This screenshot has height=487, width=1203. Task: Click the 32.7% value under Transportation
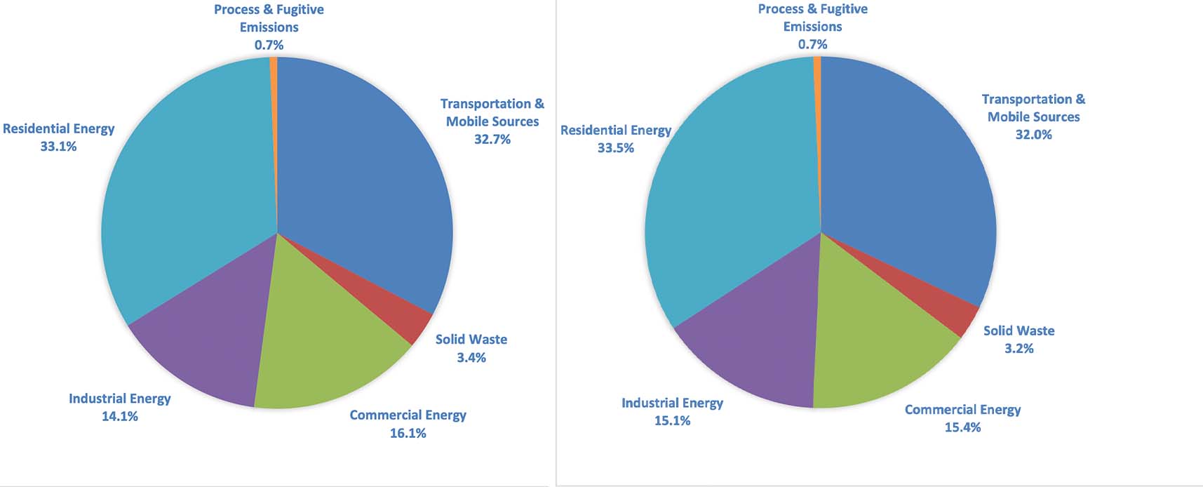(x=492, y=139)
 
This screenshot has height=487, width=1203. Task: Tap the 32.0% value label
(x=1033, y=134)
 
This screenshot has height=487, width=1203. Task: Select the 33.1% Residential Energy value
(x=58, y=146)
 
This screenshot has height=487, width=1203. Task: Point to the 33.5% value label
(x=615, y=147)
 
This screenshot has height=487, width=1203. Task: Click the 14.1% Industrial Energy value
(x=119, y=416)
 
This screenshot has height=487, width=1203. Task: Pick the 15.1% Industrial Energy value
(x=672, y=420)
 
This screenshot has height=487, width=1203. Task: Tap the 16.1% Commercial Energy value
(x=408, y=433)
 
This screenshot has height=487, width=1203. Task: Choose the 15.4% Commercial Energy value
(x=962, y=427)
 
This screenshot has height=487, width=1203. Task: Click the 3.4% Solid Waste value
(x=471, y=357)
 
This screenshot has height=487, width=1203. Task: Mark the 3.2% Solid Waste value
(x=1019, y=348)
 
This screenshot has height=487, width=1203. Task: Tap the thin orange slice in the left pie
(x=274, y=70)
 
